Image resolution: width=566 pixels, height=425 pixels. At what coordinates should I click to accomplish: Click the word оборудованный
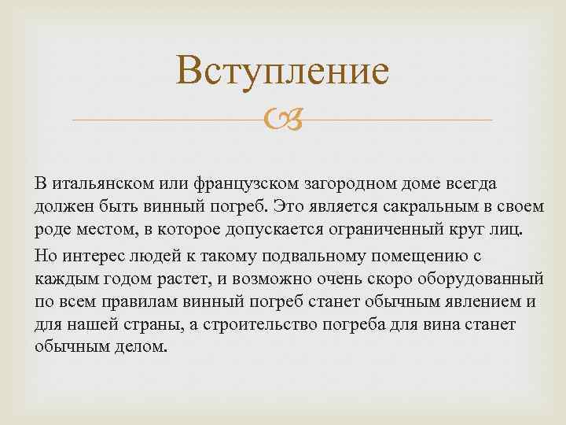(x=480, y=279)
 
